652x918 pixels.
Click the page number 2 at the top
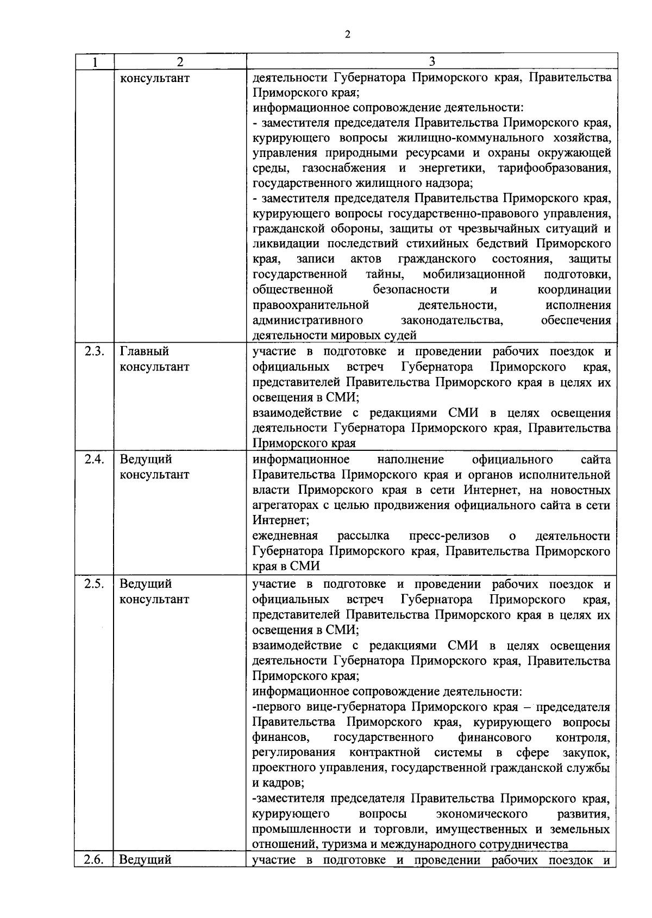point(347,35)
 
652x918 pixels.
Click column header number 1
point(95,62)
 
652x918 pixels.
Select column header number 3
point(432,61)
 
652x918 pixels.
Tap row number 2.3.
point(95,351)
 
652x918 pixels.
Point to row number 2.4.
point(95,460)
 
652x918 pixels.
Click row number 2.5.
point(95,584)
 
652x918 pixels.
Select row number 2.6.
point(95,860)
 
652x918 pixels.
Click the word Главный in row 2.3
point(144,351)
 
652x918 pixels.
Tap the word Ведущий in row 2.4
point(146,460)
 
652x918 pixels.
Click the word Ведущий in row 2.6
point(145,860)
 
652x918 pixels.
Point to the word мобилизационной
point(474,274)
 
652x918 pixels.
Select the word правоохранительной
point(311,305)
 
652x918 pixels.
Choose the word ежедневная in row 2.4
point(285,536)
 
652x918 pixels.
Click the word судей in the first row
point(402,336)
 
